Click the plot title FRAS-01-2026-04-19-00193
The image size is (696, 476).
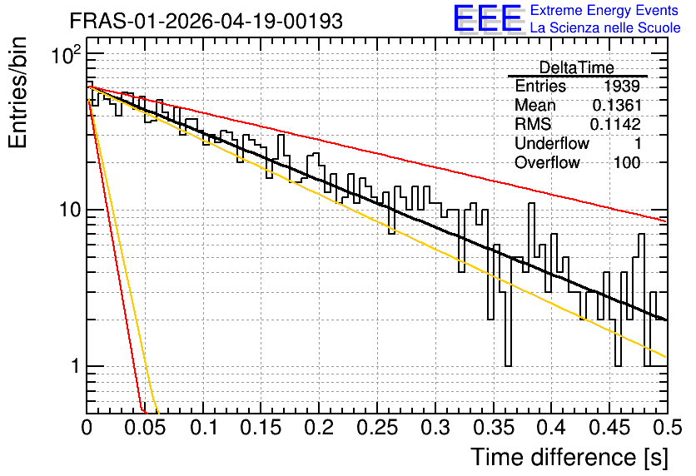206,21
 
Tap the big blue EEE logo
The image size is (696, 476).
487,18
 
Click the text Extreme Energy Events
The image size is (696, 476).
604,10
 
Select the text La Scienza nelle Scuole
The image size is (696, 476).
605,27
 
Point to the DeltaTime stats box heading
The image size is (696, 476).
576,67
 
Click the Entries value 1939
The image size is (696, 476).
621,86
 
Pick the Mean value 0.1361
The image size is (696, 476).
617,105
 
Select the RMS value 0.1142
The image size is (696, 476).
615,124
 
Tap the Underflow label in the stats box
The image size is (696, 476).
552,143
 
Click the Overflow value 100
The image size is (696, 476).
627,163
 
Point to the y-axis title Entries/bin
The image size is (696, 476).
17,92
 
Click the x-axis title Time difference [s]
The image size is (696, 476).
569,457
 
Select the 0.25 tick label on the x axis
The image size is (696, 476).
377,428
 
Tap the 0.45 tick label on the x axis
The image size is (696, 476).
609,428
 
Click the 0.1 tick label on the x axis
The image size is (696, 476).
204,428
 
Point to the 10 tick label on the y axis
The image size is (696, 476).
70,210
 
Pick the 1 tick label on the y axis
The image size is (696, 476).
75,366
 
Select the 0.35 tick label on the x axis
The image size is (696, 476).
493,428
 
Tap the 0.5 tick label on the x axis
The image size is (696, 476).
667,428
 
